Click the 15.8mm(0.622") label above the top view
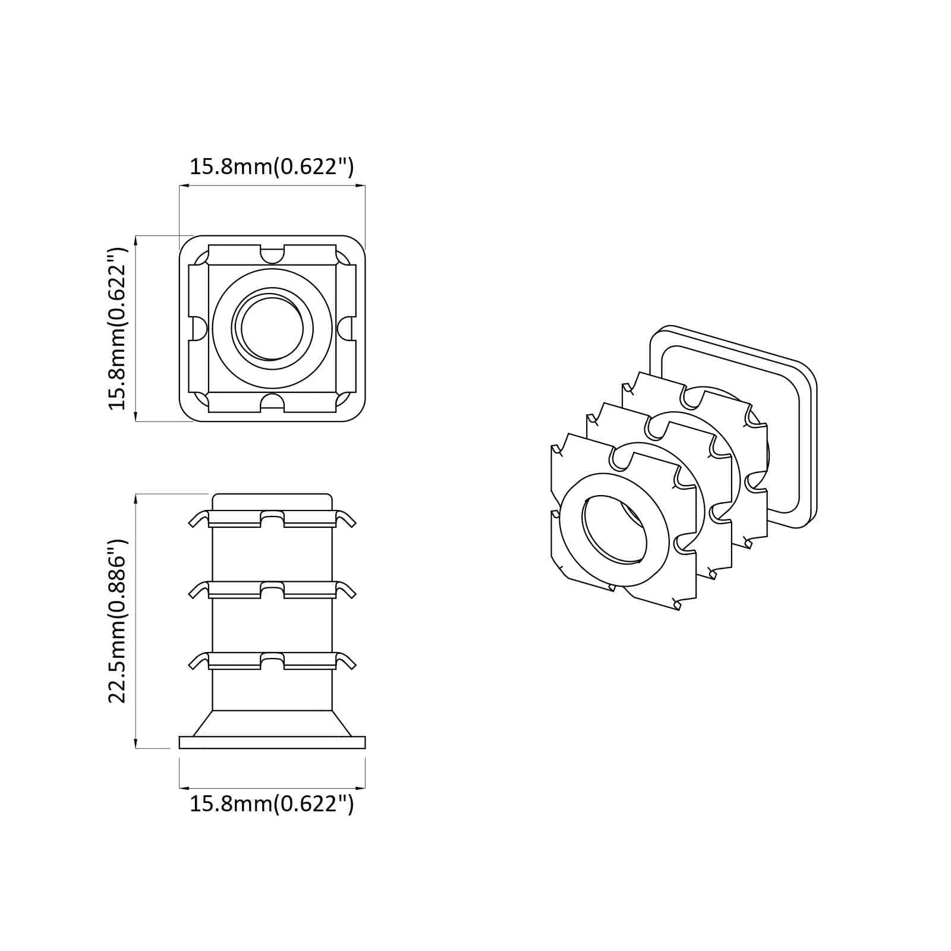point(272,167)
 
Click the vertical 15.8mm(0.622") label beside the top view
point(118,328)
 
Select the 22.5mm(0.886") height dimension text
point(118,621)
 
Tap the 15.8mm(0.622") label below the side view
point(272,804)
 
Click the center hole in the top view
point(272,329)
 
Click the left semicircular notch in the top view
point(199,329)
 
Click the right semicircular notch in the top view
point(345,329)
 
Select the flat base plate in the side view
point(272,742)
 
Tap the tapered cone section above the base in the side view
point(272,723)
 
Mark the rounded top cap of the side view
point(272,500)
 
